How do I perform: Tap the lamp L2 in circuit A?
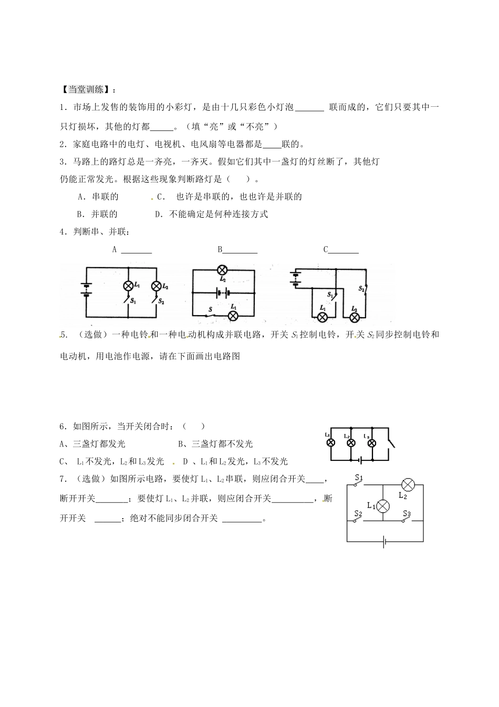tap(156, 286)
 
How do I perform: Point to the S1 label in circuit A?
tap(133, 301)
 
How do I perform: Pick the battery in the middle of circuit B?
tap(223, 292)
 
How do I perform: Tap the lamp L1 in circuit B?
tap(232, 315)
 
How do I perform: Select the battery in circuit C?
tap(295, 279)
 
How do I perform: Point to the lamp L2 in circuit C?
tap(355, 317)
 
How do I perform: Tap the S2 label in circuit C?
tap(361, 289)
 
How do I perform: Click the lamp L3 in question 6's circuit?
tap(371, 443)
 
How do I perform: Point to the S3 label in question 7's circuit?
tap(407, 513)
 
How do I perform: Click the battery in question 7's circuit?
tap(386, 541)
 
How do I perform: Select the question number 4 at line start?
tap(62, 231)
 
